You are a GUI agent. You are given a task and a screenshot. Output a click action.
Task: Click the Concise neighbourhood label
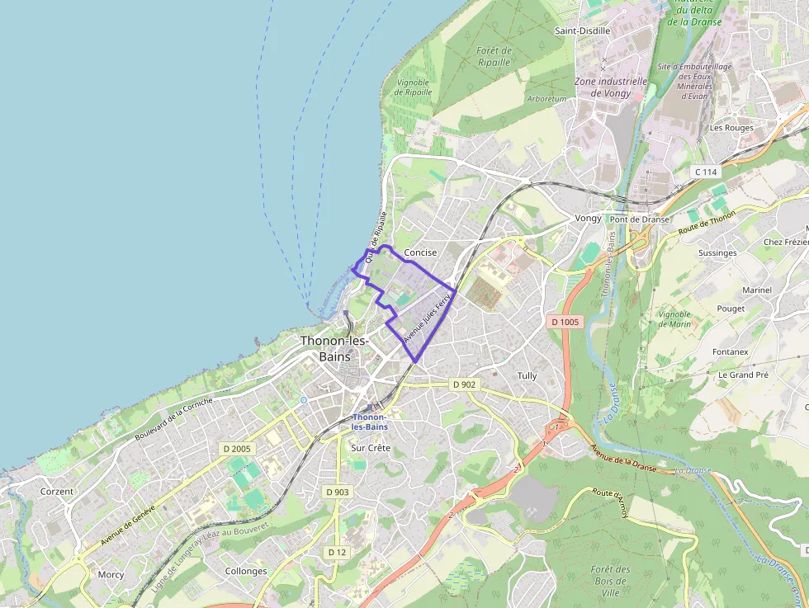point(420,252)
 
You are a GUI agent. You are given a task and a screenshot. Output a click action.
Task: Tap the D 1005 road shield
point(565,321)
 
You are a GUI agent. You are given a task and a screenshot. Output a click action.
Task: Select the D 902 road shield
point(465,384)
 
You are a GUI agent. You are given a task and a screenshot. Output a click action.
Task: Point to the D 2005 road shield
point(237,449)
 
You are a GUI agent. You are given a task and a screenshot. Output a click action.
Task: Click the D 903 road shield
point(337,492)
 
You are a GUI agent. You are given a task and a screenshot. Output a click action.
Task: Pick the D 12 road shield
point(336,552)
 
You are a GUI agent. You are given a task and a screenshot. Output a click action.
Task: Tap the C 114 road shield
point(706,172)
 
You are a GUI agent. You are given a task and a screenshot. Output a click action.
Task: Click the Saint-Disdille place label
point(582,31)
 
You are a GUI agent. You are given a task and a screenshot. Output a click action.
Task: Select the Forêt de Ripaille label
point(494,56)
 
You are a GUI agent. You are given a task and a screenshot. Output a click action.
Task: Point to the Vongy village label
point(588,219)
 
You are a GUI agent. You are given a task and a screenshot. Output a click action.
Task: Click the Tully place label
point(527,376)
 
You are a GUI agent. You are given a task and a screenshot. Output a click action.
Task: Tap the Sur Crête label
point(371,448)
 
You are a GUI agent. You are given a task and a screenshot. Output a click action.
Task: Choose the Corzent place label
point(57,491)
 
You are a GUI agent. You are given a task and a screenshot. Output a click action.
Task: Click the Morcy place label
point(111,574)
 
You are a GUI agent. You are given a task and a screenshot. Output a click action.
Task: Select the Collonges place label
point(246,571)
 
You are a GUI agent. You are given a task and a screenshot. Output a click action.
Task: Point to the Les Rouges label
point(731,128)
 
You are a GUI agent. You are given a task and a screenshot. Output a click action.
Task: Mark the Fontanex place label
point(730,352)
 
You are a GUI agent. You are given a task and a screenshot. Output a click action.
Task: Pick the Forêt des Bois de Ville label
point(611,581)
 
